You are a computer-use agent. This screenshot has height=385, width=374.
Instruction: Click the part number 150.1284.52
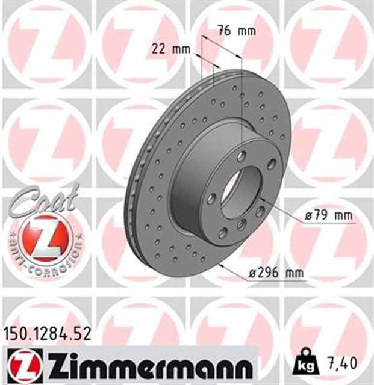point(48,334)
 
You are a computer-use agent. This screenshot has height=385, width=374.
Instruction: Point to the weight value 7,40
point(341,363)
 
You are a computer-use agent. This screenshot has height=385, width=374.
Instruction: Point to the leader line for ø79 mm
point(283,212)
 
